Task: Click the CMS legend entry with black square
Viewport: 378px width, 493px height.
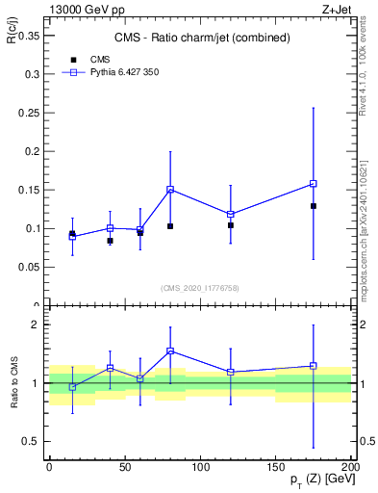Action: pyautogui.click(x=97, y=59)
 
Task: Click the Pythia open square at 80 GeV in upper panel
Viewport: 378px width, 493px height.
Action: pyautogui.click(x=170, y=190)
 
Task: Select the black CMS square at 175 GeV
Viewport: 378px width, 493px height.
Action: pyautogui.click(x=314, y=206)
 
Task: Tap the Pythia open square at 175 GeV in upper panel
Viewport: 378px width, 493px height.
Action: pyautogui.click(x=314, y=183)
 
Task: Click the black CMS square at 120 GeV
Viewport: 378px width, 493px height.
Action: pyautogui.click(x=231, y=225)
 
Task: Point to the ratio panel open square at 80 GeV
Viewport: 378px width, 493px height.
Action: pyautogui.click(x=170, y=351)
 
